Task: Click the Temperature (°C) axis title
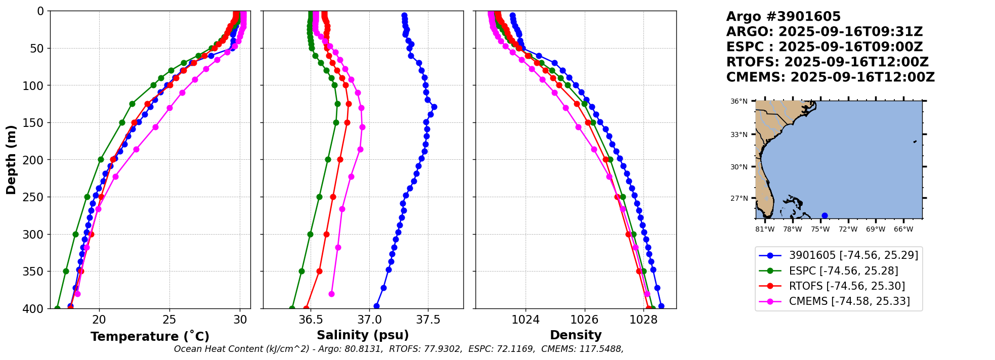click(x=150, y=336)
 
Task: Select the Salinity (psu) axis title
click(x=363, y=335)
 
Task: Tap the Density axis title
click(x=576, y=335)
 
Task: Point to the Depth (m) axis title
click(x=11, y=160)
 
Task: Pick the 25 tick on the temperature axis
click(x=169, y=320)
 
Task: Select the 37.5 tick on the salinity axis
click(x=428, y=320)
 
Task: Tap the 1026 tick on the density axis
click(x=584, y=320)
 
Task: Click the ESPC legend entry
click(x=843, y=271)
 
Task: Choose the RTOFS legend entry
click(x=847, y=286)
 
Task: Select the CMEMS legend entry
click(x=849, y=301)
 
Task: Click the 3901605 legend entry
click(x=853, y=255)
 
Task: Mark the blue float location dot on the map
click(x=825, y=215)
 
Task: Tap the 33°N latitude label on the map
click(x=739, y=134)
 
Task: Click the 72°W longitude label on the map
click(x=848, y=229)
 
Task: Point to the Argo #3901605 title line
click(x=783, y=17)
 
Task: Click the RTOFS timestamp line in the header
click(x=827, y=62)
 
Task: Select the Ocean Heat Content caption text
click(x=399, y=349)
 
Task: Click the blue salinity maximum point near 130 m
click(x=434, y=107)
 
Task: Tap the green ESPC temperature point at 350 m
click(x=66, y=271)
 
